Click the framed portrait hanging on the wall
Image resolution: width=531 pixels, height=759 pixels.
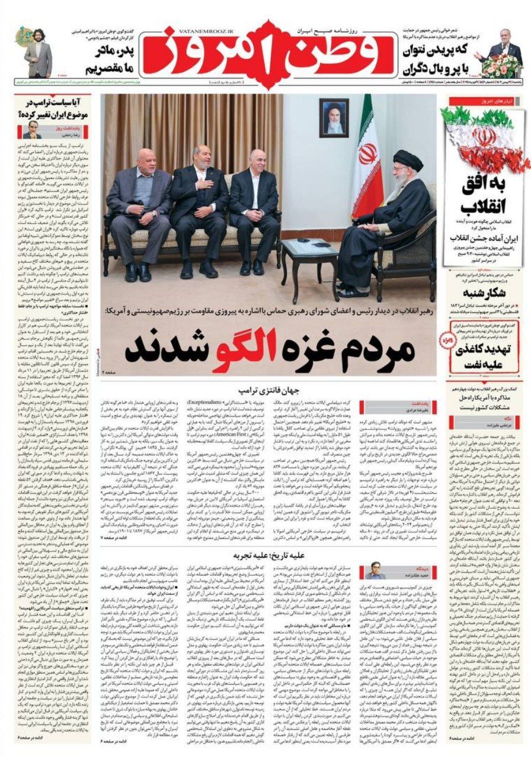tap(334, 117)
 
